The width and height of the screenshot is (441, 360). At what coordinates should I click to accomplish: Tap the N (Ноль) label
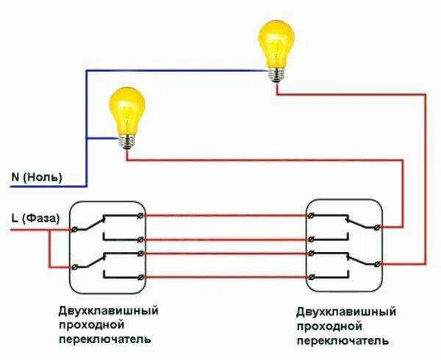point(37,177)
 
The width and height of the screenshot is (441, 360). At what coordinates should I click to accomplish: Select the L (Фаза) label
point(35,217)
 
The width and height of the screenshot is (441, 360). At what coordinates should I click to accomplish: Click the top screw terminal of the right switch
point(313,215)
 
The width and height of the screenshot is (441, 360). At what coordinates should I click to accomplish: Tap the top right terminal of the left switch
point(140,215)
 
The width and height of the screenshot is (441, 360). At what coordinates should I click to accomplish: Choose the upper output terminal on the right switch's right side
point(378,226)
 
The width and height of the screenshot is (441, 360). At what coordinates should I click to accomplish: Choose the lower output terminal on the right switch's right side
point(378,264)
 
